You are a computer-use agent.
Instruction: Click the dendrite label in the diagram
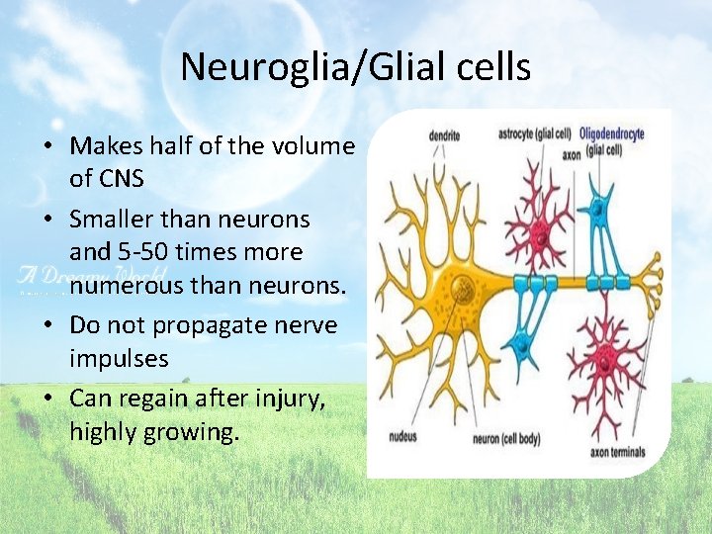(445, 133)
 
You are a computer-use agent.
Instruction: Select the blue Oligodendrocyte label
(611, 133)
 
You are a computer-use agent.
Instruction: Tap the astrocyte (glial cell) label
(534, 133)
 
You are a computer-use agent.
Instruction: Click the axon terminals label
(618, 453)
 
